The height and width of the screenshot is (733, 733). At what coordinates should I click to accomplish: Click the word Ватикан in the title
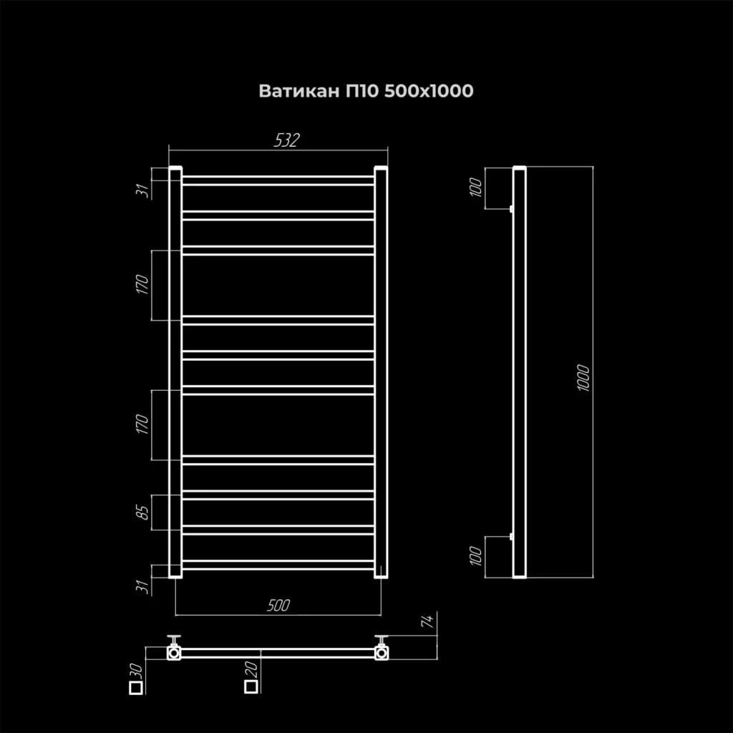point(299,91)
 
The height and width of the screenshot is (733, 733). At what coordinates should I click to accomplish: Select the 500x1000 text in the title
point(429,91)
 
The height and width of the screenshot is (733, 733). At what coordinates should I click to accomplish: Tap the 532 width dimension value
point(286,140)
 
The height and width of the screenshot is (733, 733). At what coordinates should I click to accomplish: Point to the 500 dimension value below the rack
point(278,606)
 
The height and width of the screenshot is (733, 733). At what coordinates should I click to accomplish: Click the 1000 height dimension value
point(583,378)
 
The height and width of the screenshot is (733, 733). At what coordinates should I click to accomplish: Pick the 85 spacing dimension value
point(143,513)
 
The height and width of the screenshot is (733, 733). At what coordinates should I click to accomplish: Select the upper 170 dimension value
point(142,285)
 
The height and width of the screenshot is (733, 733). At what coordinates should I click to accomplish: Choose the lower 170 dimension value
point(142,424)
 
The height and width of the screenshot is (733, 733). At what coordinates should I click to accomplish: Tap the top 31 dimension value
point(143,190)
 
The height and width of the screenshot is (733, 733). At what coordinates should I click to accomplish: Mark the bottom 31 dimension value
point(143,586)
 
